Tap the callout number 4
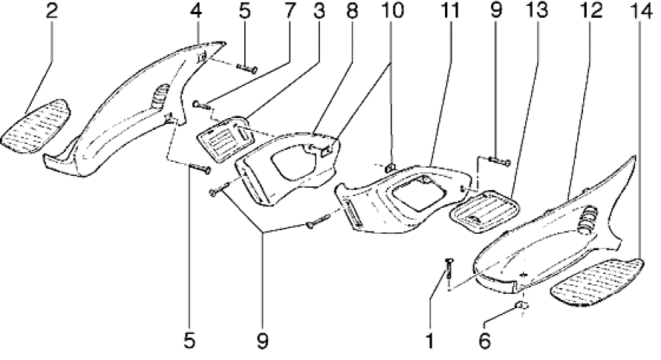196,12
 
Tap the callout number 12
590,12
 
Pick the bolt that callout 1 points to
449,269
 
